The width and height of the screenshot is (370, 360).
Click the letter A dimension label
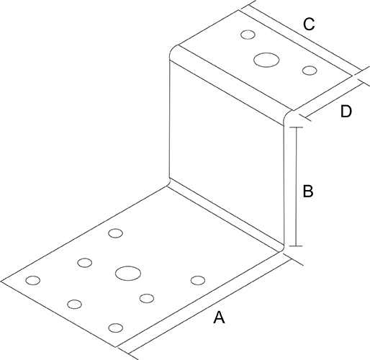coord(219,318)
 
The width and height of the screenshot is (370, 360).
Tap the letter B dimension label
coord(308,191)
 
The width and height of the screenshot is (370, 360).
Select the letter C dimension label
coord(309,24)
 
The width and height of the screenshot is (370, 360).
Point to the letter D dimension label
coord(346,111)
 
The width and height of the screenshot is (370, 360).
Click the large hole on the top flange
coord(266,60)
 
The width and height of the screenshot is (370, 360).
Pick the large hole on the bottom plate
coord(128,273)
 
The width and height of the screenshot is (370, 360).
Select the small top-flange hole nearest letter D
coord(310,71)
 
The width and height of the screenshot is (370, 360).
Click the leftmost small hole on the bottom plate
coord(33,280)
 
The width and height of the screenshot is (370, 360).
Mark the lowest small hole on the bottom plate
coord(116,328)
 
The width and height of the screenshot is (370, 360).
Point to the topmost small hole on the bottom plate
coord(116,233)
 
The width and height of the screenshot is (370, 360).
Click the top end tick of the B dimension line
coord(296,127)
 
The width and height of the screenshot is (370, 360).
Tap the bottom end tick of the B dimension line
coord(296,246)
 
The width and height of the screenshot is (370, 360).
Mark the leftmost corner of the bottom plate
coord(1,281)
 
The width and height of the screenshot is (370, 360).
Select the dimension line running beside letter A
coord(210,307)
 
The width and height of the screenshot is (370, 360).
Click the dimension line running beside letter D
coord(334,100)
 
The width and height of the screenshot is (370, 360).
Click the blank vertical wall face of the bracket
coord(227,153)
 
